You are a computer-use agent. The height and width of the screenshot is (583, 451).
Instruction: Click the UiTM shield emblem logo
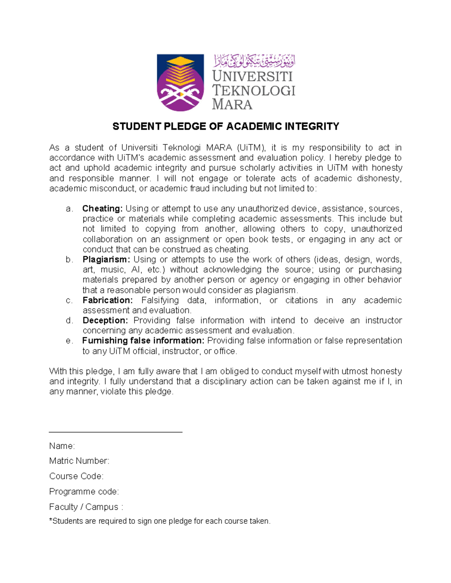tap(180, 83)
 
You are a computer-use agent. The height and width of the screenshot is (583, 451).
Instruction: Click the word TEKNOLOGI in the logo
tap(254, 90)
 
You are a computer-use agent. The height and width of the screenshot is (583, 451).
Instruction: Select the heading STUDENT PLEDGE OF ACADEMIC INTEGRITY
tap(225, 127)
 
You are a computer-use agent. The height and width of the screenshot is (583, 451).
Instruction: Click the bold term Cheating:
tap(102, 209)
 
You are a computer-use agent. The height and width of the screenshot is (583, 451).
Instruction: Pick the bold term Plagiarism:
tap(106, 259)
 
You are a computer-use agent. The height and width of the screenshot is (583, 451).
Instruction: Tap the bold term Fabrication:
tap(107, 300)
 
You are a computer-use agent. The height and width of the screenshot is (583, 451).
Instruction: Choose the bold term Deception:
tap(105, 321)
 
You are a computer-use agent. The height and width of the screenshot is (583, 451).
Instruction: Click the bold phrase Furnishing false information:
tap(143, 341)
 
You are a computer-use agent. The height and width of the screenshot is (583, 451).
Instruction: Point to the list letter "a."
tap(69, 209)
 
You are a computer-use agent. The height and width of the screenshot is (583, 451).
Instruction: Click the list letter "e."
tap(69, 341)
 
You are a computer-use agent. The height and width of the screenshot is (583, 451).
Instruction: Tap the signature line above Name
tap(115, 432)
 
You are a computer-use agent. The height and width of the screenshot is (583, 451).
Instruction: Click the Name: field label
tap(62, 446)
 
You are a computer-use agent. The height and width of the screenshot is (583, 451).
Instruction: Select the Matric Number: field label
tap(79, 461)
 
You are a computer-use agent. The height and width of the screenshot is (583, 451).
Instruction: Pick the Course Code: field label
tap(76, 476)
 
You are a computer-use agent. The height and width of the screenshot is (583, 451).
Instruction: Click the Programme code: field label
tap(84, 492)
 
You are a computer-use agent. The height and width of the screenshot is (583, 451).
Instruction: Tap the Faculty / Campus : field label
tap(86, 507)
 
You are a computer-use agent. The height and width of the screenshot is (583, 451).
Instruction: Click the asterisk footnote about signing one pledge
tap(160, 521)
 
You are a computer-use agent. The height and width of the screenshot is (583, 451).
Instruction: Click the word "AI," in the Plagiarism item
tap(136, 270)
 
